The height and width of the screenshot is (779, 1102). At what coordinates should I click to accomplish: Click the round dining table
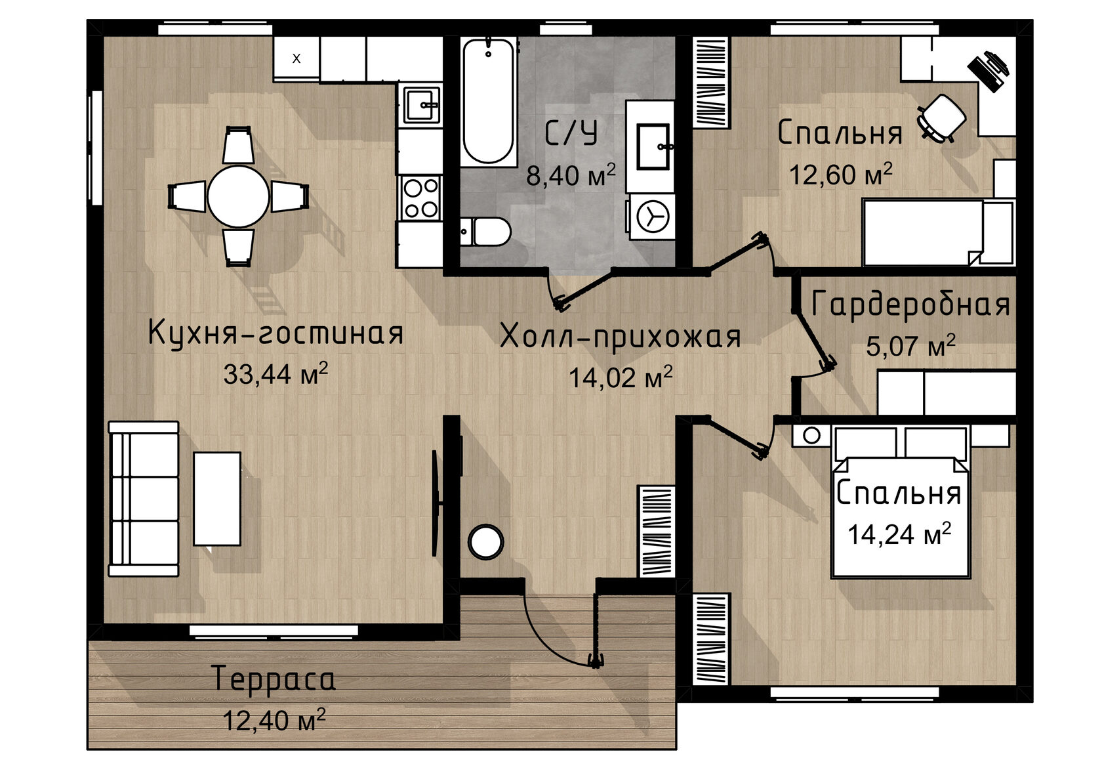coord(238,196)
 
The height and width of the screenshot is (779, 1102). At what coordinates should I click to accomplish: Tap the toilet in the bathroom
coord(485,232)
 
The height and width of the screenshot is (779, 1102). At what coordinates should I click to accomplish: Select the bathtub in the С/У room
coord(488,101)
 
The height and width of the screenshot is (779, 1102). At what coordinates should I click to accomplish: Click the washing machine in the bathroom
coord(652,217)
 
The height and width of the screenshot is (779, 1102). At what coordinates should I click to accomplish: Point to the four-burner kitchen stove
coord(420,198)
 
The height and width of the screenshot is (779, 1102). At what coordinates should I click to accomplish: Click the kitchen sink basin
coord(421,105)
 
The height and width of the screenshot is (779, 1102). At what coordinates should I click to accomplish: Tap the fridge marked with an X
coord(296,58)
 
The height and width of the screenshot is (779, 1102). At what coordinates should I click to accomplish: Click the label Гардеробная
coord(910,304)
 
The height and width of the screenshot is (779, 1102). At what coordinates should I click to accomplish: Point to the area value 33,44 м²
coord(275,373)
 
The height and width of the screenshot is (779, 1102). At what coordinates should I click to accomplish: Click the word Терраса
coord(274,679)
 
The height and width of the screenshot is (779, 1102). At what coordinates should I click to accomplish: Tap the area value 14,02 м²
coord(621,377)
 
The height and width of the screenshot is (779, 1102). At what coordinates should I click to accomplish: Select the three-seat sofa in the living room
coord(143,499)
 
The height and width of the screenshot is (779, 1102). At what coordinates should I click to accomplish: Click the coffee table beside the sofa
coord(217,499)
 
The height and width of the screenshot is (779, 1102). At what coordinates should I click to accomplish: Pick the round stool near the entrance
coord(485,542)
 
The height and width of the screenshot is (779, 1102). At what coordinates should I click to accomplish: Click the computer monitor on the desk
coord(988,72)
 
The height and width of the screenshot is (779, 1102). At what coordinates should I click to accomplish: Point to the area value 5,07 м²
coord(910,345)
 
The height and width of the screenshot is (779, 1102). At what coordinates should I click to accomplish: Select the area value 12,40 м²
coord(274,719)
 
